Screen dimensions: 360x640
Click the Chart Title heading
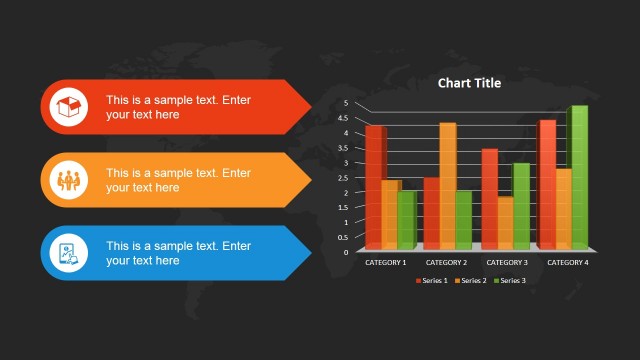click(x=469, y=83)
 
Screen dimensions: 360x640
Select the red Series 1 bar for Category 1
click(x=373, y=186)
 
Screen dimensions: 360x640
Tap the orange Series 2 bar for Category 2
click(x=447, y=185)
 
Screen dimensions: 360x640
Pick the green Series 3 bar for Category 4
click(x=578, y=177)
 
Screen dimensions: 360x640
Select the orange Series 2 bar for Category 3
click(x=505, y=221)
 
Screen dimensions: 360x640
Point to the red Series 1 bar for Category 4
click(x=547, y=184)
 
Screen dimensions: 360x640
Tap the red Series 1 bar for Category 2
click(x=431, y=212)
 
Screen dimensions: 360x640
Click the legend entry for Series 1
click(x=431, y=281)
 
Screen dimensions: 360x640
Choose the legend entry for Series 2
click(x=470, y=281)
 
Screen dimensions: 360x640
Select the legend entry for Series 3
click(x=509, y=281)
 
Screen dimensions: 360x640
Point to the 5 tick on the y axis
click(x=346, y=103)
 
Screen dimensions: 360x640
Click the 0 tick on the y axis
click(x=346, y=252)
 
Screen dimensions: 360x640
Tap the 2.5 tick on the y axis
click(x=345, y=177)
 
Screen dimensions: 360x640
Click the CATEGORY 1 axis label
click(x=385, y=262)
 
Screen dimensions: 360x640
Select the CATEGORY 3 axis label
click(x=507, y=262)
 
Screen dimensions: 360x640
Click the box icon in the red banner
click(x=68, y=107)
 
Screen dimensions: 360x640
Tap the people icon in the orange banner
click(x=68, y=180)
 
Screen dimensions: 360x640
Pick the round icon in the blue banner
click(x=68, y=253)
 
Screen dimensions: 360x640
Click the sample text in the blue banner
click(x=178, y=253)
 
